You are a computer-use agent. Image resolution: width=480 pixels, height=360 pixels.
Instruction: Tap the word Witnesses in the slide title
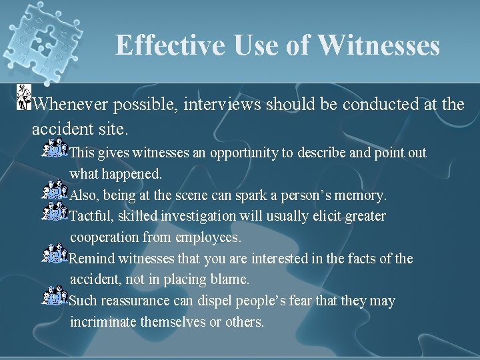point(379,46)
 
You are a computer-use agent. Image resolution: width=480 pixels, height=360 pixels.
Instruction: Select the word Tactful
point(91,216)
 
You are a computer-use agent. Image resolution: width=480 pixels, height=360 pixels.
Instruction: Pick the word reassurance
point(133,301)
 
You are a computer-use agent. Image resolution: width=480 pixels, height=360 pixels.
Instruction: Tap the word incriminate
point(104,322)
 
